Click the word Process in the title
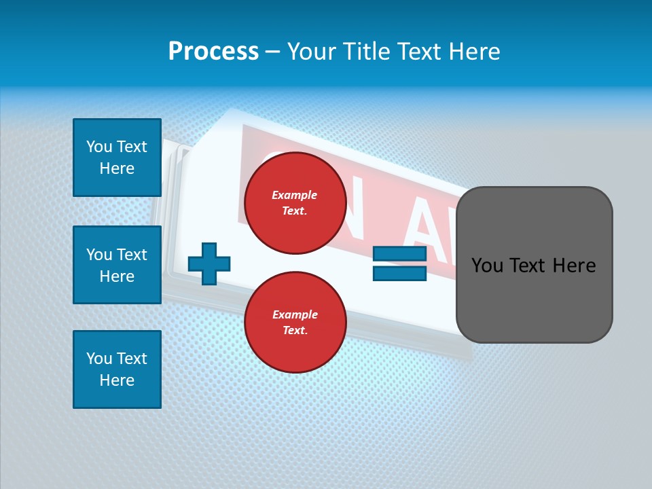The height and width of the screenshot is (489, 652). tap(213, 52)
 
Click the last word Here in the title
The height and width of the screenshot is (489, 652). tap(473, 52)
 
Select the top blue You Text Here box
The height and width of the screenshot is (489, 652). tap(117, 158)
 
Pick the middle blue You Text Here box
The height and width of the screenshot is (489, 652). tap(117, 265)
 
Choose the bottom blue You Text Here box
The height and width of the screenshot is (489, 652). tap(117, 369)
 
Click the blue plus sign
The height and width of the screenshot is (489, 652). tap(209, 264)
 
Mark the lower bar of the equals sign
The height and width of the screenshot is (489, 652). tap(399, 273)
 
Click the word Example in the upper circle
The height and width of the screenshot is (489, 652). tap(295, 195)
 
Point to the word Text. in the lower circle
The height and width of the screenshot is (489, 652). tap(295, 331)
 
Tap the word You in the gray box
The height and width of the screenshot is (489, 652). tap(487, 266)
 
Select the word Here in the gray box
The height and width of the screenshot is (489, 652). tap(574, 266)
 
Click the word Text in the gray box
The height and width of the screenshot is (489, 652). tap(528, 266)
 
